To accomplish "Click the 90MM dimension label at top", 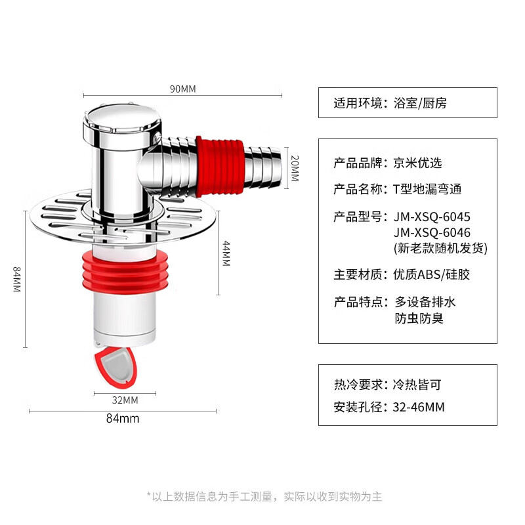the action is pyautogui.click(x=183, y=89).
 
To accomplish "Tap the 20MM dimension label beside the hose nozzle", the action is pyautogui.click(x=295, y=168).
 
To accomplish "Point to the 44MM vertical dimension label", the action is pyautogui.click(x=226, y=253).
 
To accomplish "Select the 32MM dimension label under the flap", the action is pyautogui.click(x=125, y=400).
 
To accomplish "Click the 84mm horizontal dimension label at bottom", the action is pyautogui.click(x=123, y=419).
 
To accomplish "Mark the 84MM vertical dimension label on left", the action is pyautogui.click(x=17, y=280).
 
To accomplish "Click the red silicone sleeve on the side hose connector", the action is pyautogui.click(x=220, y=167).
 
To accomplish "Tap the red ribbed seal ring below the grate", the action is pyautogui.click(x=125, y=272).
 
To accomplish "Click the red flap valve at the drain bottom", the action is pyautogui.click(x=116, y=367).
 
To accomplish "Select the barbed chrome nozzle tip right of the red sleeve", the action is pyautogui.click(x=264, y=167).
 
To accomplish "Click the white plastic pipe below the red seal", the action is pyautogui.click(x=124, y=319).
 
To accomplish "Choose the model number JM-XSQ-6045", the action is pyautogui.click(x=432, y=217).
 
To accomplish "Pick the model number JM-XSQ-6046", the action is pyautogui.click(x=432, y=232).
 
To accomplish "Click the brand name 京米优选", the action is pyautogui.click(x=417, y=163).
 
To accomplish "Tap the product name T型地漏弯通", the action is pyautogui.click(x=427, y=189).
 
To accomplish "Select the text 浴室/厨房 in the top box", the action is pyautogui.click(x=420, y=103).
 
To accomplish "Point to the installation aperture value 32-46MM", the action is pyautogui.click(x=419, y=407).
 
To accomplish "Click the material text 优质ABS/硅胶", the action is pyautogui.click(x=431, y=274).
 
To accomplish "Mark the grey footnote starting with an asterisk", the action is pyautogui.click(x=264, y=496).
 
